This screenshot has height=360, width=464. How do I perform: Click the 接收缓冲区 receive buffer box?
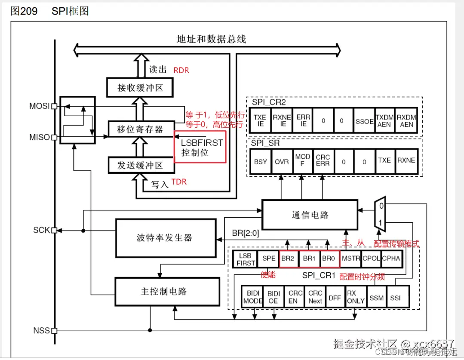click(140, 88)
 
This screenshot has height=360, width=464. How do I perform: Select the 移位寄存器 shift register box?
click(140, 129)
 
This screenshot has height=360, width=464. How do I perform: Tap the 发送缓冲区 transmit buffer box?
click(140, 165)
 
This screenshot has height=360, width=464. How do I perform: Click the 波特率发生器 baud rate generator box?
click(166, 237)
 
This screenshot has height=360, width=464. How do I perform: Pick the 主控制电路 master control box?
click(166, 291)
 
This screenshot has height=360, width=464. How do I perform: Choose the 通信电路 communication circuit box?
click(310, 214)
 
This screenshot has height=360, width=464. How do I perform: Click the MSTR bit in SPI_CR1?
click(351, 259)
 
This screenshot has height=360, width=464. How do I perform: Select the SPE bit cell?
click(268, 259)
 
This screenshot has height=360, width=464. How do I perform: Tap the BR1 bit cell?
click(309, 259)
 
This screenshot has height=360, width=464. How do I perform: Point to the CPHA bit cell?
click(391, 259)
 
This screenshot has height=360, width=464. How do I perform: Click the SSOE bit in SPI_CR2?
click(364, 121)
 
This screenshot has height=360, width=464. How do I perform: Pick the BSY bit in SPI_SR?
click(261, 161)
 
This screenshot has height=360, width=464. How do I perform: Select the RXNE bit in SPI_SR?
click(406, 160)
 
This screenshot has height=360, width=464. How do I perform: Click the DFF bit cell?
click(335, 297)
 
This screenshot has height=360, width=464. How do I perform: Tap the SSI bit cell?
click(395, 297)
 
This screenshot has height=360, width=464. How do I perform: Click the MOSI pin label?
click(40, 106)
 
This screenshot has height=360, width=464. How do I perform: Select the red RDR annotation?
click(181, 70)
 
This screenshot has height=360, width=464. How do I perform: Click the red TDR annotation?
click(179, 182)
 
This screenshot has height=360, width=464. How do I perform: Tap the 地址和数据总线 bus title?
click(211, 39)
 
